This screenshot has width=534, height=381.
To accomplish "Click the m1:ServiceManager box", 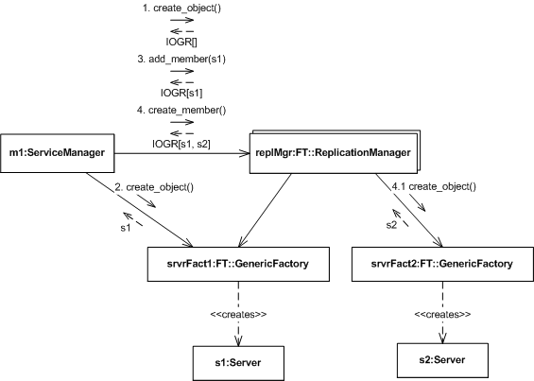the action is pos(58,153).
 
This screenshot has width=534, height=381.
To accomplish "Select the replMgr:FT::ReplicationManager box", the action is pos(335,152).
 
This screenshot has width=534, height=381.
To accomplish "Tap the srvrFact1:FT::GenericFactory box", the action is pos(238,264).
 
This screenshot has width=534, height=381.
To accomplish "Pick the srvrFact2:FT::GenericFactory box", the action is pos(442,264).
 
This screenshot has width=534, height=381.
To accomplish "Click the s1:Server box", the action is pos(238,363).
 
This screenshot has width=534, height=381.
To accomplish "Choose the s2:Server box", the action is pos(442,360).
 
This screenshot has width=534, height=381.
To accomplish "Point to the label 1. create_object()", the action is pos(181,9).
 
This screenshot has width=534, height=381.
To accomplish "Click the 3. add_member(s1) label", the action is pos(181,60).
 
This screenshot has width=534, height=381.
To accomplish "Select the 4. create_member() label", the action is pos(181,111).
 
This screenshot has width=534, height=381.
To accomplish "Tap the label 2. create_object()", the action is pos(154,187).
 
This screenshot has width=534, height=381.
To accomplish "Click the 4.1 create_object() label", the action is pos(434,187).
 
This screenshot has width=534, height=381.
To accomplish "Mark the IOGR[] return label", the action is pos(181,42).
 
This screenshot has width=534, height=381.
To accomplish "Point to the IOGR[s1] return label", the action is pos(181,93).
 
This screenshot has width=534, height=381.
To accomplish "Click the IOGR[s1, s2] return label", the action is pos(181,144).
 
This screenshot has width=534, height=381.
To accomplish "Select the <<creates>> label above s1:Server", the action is pos(238,314).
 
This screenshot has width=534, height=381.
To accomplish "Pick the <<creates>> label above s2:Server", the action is pos(442,314).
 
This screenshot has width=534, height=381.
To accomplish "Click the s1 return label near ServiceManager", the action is pos(126,228).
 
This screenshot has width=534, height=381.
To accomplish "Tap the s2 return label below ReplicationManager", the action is pos(391,225).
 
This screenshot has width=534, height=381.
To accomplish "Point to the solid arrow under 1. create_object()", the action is pos(181,20).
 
